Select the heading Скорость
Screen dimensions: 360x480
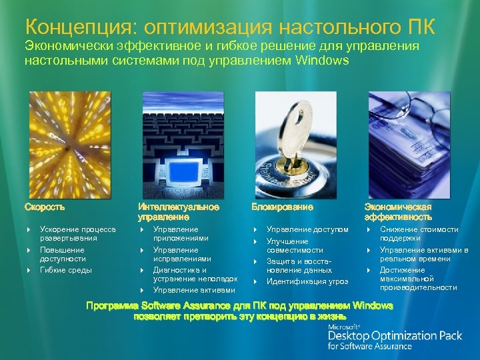45,207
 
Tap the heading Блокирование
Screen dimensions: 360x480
282,207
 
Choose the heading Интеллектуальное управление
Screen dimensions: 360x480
178,212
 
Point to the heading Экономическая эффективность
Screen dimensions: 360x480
398,212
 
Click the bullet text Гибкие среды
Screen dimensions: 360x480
65,270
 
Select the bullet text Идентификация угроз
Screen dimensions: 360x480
307,281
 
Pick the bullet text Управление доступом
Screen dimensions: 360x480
307,229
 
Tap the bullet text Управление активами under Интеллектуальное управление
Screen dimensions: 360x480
193,290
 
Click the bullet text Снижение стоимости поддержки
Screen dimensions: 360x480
419,233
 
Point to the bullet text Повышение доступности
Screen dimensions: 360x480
63,254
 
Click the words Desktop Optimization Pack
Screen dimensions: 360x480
395,335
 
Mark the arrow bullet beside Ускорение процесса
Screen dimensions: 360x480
29,230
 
